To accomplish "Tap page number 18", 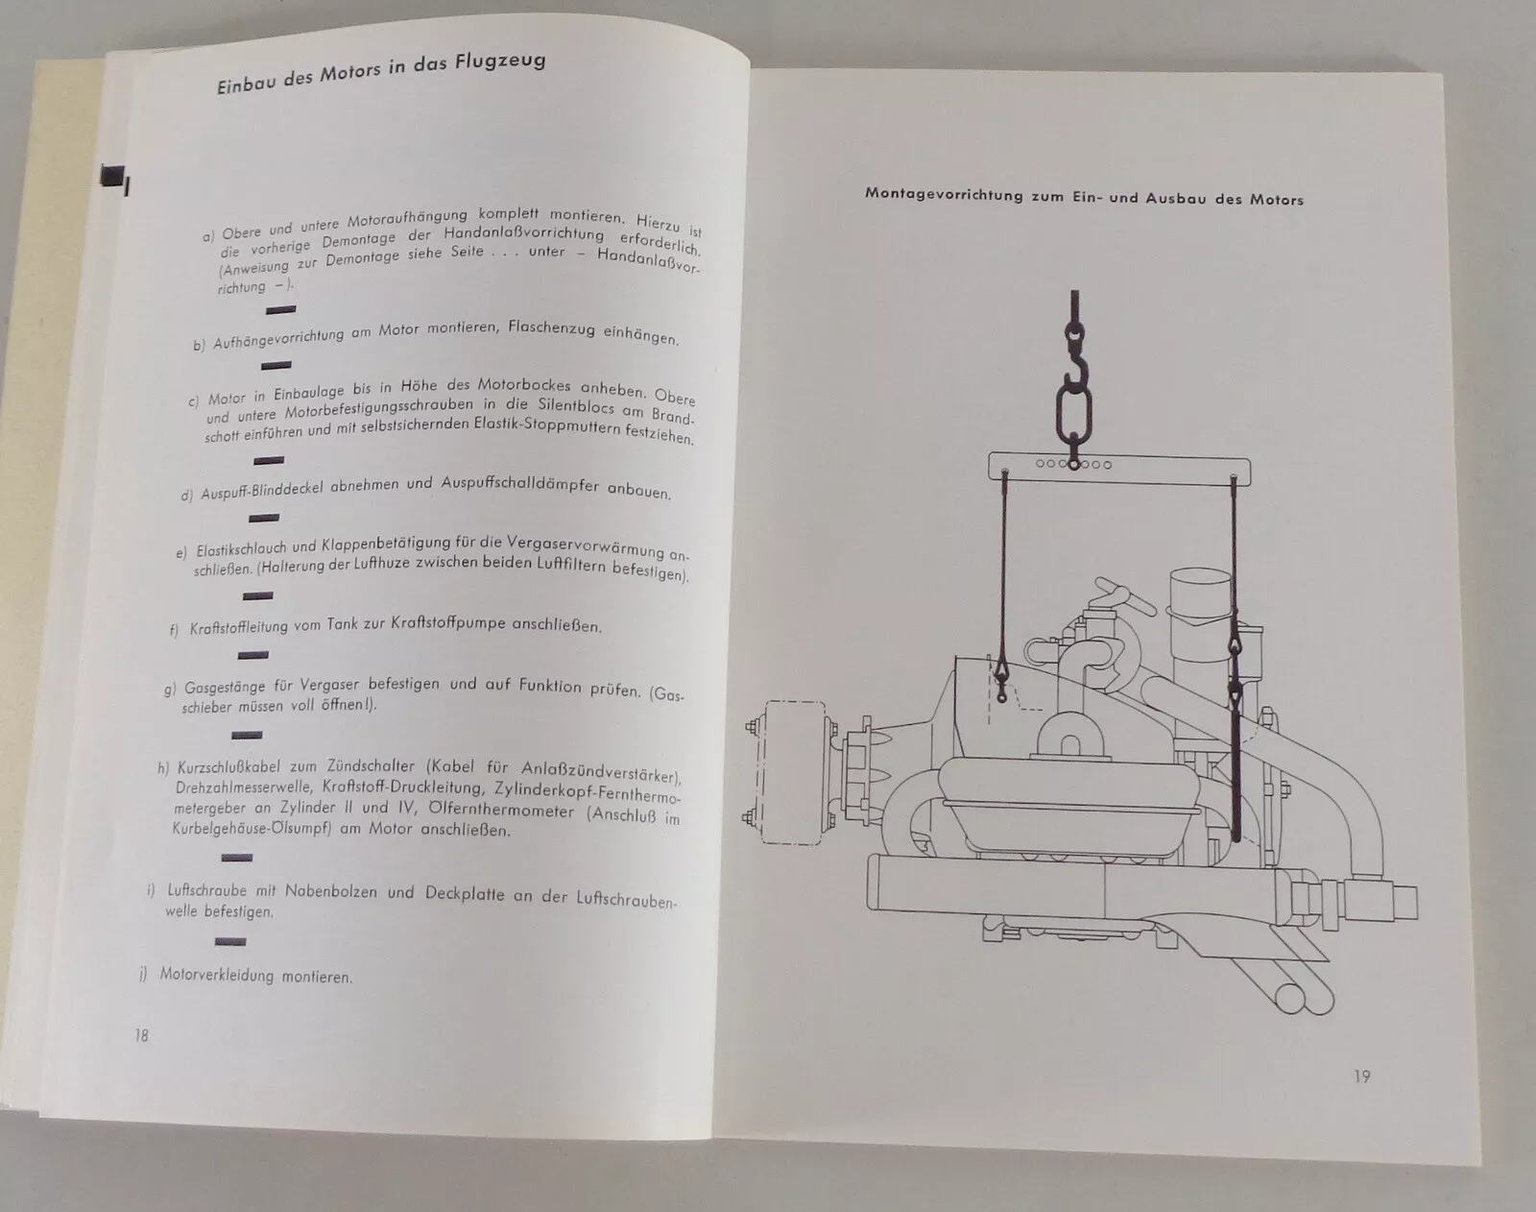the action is click(141, 1035).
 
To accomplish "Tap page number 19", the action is click(1362, 1076).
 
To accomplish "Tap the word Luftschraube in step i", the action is click(207, 890).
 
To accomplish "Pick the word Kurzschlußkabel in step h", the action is click(225, 767).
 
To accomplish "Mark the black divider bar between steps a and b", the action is click(280, 309).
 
